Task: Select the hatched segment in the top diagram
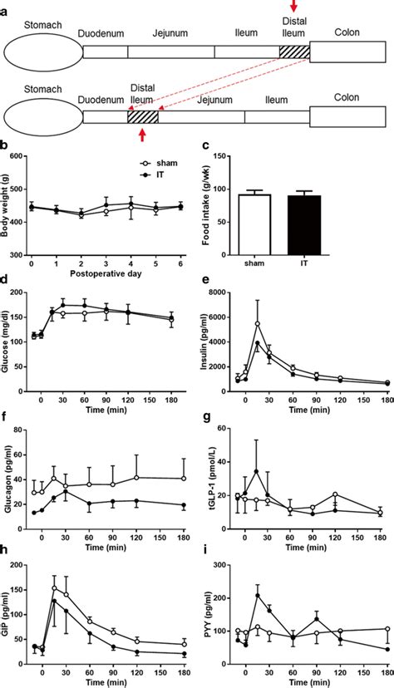pyautogui.click(x=294, y=52)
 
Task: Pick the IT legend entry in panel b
pyautogui.click(x=116, y=176)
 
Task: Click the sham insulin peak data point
pyautogui.click(x=258, y=324)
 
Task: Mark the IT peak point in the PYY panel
pyautogui.click(x=258, y=596)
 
